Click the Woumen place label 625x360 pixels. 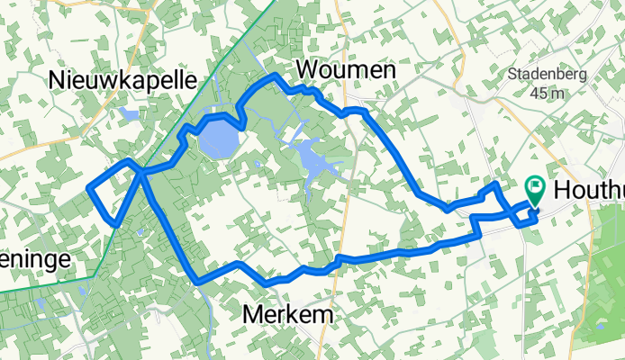332,70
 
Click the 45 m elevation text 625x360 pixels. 546,93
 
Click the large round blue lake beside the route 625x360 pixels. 216,139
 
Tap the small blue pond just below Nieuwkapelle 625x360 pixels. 130,114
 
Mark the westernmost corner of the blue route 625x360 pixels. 88,187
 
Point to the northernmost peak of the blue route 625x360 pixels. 274,75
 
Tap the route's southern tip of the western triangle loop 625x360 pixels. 114,223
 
